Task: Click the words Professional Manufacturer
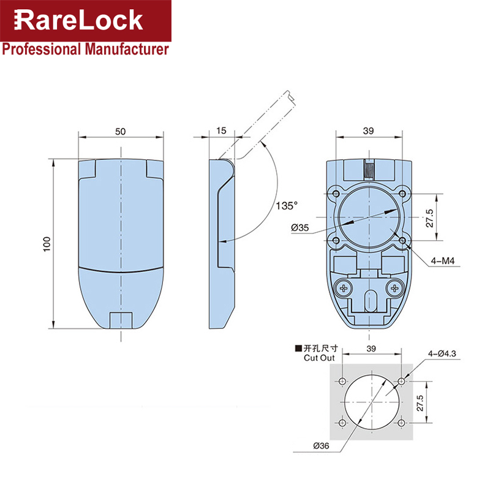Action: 85,49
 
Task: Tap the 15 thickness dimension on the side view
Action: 221,131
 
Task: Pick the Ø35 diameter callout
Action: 300,228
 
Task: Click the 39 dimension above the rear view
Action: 368,131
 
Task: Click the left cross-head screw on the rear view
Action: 343,287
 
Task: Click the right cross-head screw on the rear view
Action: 395,286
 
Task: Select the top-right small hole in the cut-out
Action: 401,381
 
